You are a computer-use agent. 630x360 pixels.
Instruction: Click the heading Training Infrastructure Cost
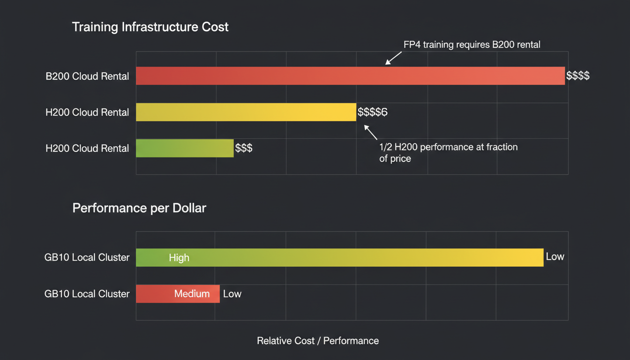pos(150,27)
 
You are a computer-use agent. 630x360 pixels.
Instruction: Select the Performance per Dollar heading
pos(139,208)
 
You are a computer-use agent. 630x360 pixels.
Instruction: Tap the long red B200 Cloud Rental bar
pos(350,76)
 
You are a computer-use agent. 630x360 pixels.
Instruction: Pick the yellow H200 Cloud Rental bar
pos(246,112)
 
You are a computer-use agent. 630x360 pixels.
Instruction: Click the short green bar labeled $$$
pos(184,148)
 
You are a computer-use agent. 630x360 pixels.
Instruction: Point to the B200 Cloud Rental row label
pos(87,76)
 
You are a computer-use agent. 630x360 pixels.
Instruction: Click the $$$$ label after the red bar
pos(577,76)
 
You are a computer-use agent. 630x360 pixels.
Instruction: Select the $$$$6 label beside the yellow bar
pos(372,112)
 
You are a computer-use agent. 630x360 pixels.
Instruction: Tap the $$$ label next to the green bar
pos(244,148)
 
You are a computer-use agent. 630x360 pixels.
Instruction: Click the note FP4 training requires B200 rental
pos(472,45)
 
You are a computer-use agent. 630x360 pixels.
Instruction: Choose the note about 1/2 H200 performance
pos(448,152)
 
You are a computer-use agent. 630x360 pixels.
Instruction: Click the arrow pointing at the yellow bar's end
pos(370,132)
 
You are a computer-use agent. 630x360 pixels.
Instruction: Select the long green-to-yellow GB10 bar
pos(339,257)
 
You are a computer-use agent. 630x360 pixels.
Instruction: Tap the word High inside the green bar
pos(179,257)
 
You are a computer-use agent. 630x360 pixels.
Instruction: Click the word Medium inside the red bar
pos(192,294)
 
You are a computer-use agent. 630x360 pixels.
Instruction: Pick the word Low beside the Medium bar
pos(232,294)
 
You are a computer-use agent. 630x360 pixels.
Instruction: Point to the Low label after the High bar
pos(555,257)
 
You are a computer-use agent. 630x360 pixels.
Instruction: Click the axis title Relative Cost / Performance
pos(318,341)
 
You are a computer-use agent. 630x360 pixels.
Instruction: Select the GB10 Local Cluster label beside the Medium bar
pos(87,294)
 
